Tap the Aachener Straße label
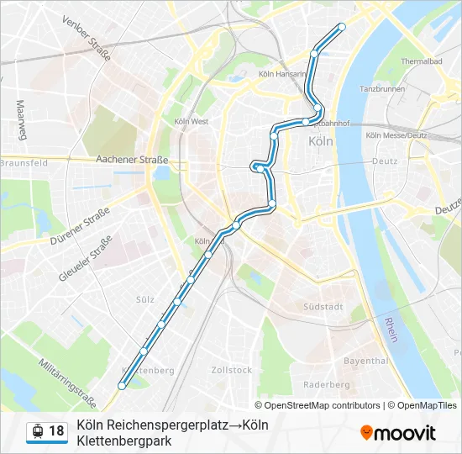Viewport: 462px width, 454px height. point(132,159)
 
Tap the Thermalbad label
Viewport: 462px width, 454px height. point(422,61)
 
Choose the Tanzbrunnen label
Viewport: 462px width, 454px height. point(382,88)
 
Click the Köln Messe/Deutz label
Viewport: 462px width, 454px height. point(396,135)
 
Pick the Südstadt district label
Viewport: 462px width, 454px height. point(324,307)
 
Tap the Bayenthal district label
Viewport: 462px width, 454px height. point(366,360)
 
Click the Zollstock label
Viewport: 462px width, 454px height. point(232,369)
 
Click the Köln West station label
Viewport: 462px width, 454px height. point(192,121)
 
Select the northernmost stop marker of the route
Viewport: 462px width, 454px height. point(341,27)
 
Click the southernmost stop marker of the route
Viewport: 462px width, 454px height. point(123,386)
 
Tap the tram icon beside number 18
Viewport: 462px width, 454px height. point(37,431)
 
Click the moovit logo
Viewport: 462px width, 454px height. point(398,433)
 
